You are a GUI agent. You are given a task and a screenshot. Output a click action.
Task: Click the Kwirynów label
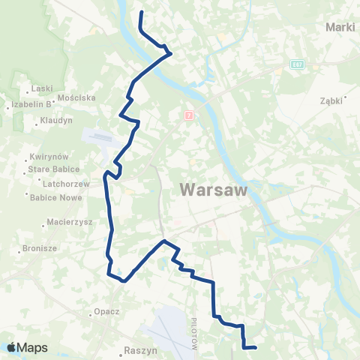point(49,157)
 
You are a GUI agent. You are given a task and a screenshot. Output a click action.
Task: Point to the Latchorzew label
point(47,184)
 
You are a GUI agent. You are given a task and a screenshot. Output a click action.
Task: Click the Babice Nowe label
point(49,198)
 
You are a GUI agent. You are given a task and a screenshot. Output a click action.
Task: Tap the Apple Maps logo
point(27,347)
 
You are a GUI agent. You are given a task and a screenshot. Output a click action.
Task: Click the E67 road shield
point(298,64)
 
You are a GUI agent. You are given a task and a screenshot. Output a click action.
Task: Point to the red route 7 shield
point(189,115)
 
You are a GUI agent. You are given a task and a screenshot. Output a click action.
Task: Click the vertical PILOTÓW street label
point(193,325)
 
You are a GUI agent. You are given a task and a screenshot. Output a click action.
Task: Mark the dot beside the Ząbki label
point(346,97)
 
